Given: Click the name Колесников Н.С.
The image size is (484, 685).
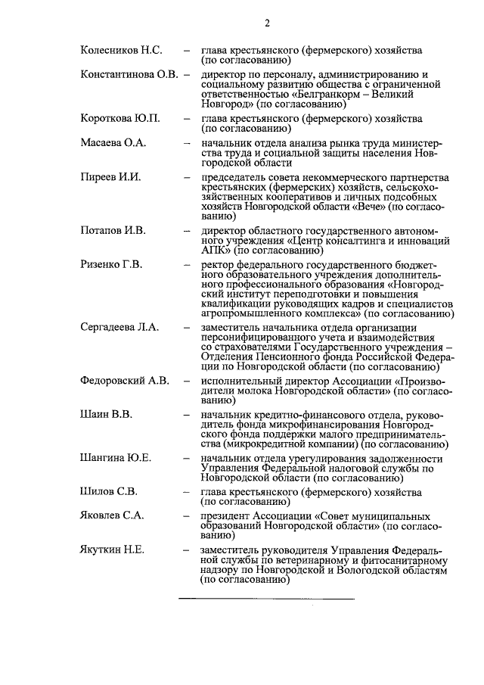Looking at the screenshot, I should (x=120, y=51).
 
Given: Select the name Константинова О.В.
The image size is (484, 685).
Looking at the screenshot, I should (x=129, y=75).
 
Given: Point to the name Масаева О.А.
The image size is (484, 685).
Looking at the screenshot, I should (x=113, y=142).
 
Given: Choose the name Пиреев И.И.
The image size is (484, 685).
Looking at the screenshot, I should (x=110, y=176).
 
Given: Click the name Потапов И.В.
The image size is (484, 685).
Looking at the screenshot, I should (x=113, y=230).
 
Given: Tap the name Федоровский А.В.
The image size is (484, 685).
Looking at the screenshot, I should (x=125, y=380).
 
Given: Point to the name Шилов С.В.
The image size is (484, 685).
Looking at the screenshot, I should (x=108, y=492).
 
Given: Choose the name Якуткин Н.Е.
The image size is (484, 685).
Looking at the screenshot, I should (x=113, y=550).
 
